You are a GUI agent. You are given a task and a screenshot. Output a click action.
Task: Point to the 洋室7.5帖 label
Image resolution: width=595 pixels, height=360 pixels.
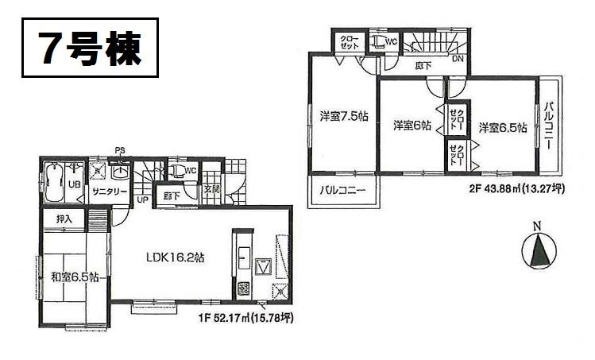pos(343,116)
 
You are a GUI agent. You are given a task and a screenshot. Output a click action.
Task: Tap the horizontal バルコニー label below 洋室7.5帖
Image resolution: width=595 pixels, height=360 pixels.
pos(342,191)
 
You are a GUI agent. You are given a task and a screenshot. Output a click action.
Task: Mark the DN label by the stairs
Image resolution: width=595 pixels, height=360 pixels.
pos(458,58)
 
